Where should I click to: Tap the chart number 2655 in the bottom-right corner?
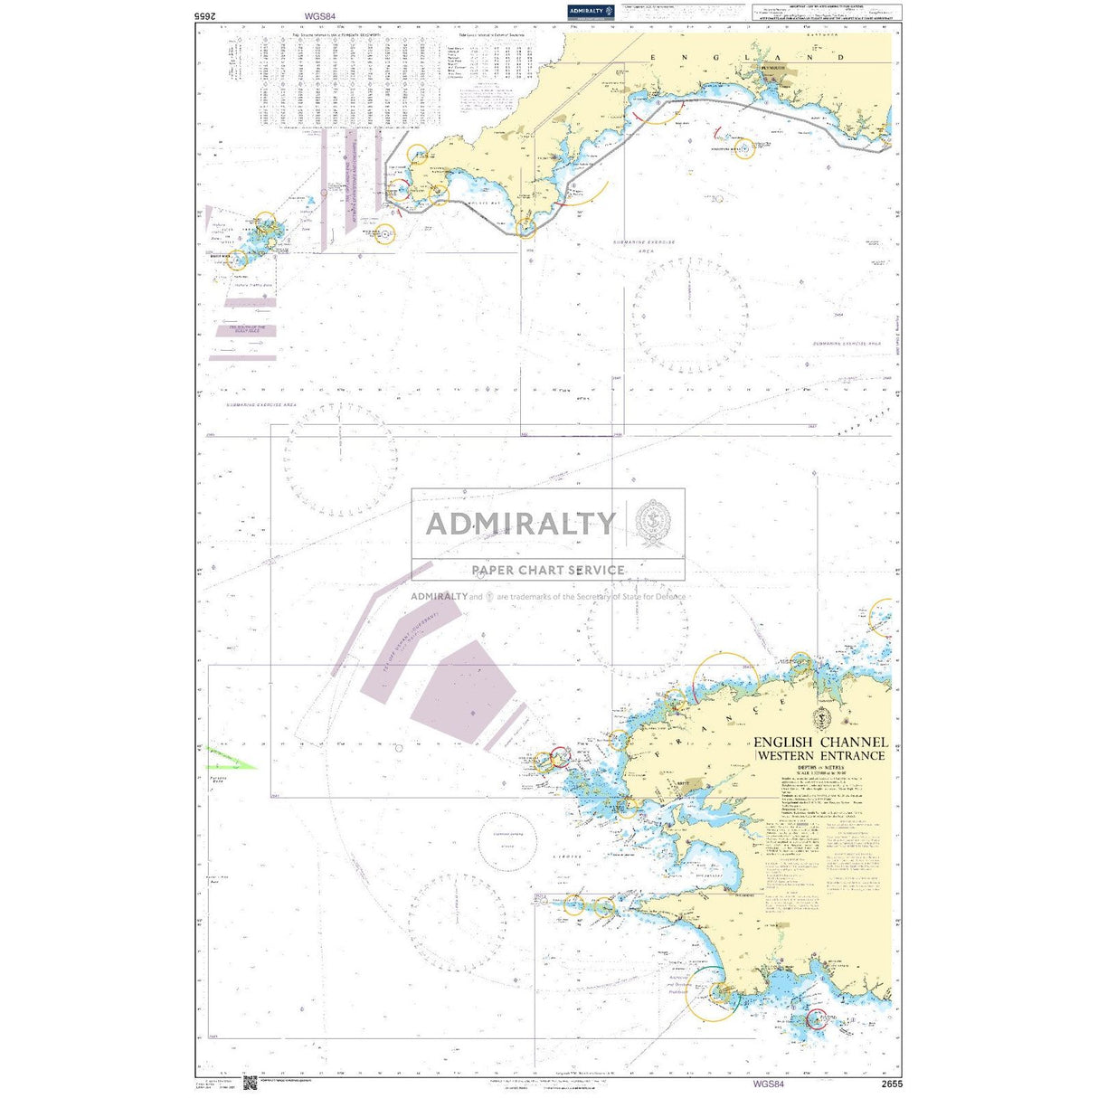(x=891, y=1084)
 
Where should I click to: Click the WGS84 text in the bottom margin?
(x=767, y=1084)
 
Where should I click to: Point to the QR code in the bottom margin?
(x=250, y=1084)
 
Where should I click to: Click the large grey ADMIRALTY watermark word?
(x=520, y=524)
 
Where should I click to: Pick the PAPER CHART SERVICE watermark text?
(x=548, y=570)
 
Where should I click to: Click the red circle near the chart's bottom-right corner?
(x=817, y=1019)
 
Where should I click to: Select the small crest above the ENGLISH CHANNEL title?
(x=820, y=720)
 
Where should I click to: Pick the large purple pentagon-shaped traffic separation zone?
(x=462, y=693)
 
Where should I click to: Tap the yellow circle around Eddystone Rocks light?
(x=744, y=148)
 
